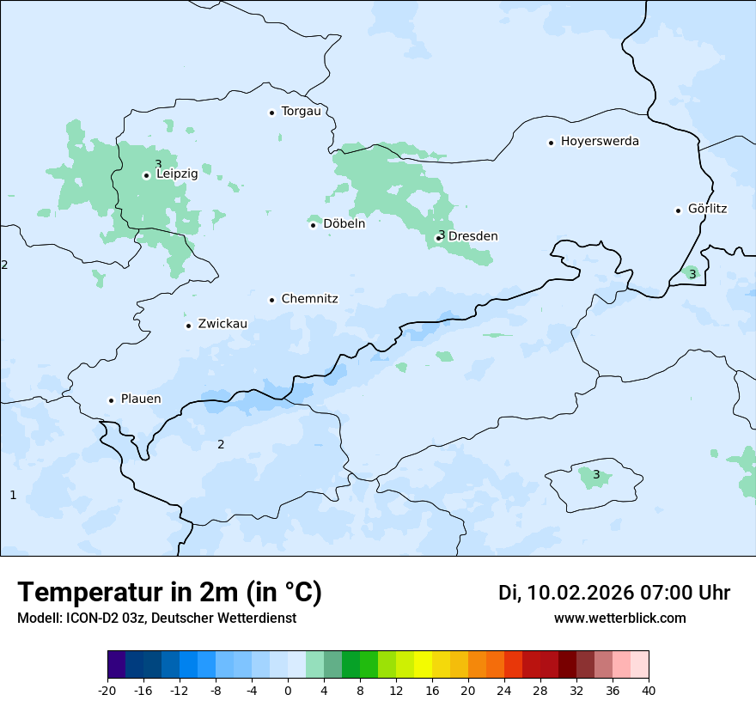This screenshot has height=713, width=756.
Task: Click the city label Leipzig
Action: point(177,174)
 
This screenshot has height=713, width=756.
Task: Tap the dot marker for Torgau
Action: point(271,113)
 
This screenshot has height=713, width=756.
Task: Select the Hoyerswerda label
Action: point(600,141)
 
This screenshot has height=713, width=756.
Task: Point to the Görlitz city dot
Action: point(678,210)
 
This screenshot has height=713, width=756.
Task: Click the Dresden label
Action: point(472,236)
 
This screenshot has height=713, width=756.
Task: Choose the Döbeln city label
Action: point(344,223)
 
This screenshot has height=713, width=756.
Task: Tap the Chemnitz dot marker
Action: point(271,300)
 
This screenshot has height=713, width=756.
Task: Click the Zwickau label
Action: point(223,324)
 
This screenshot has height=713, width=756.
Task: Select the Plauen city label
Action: point(141,399)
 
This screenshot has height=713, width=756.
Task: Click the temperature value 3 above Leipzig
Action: point(158,163)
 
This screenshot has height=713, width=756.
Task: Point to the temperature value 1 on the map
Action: point(13,495)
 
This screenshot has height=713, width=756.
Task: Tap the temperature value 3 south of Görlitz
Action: point(692,274)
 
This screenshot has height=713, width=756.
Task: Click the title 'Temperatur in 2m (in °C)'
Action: point(169,592)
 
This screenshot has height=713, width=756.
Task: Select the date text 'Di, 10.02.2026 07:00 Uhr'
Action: point(614,593)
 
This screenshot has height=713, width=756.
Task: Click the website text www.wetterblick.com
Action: point(619,618)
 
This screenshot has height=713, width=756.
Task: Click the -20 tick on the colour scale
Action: point(107,691)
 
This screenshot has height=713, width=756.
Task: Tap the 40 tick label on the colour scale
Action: point(649,691)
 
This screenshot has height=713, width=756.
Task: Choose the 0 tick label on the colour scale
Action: point(288,691)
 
